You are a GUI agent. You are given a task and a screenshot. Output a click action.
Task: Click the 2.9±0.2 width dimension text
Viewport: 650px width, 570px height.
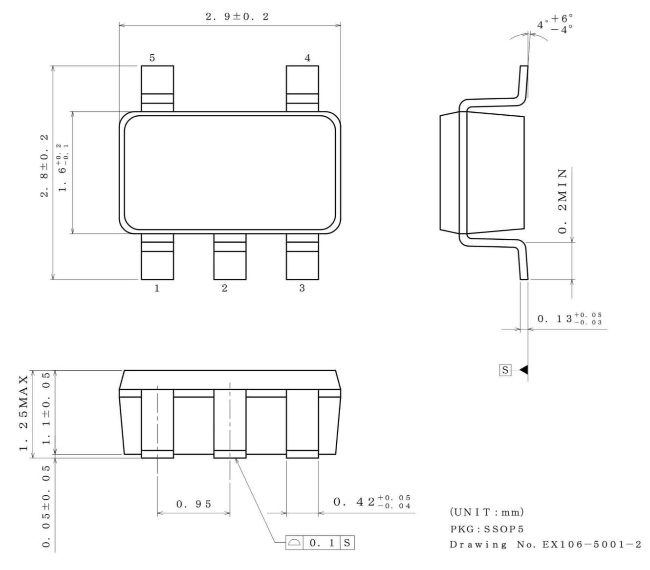[x=237, y=17]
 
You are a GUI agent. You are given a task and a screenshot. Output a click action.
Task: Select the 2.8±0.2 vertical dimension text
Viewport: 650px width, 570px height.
[x=44, y=166]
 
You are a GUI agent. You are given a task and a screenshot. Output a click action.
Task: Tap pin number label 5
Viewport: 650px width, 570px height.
[x=152, y=58]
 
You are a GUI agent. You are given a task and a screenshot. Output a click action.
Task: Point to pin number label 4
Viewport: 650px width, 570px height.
[x=307, y=58]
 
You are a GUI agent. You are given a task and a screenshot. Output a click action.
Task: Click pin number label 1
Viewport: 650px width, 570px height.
[x=157, y=288]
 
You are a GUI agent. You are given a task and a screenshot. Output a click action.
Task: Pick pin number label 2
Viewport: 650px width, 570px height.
[x=224, y=288]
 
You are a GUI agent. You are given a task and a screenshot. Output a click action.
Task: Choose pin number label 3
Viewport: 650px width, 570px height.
[x=302, y=288]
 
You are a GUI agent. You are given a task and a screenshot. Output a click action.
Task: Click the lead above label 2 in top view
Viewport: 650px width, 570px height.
[x=230, y=256]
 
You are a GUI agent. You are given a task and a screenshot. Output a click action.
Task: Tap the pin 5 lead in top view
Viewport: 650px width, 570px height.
[x=157, y=88]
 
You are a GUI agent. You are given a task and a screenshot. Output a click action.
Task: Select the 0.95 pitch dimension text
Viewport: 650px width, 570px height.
[x=194, y=504]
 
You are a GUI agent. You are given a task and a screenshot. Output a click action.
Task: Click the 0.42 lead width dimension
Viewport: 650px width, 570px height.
[x=372, y=502]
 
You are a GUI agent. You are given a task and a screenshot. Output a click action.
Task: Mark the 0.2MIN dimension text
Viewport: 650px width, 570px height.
[x=563, y=201]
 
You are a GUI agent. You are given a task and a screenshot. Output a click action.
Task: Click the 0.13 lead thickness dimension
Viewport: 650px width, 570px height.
[x=570, y=319]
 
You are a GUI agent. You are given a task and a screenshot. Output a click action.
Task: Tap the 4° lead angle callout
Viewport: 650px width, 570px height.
[x=555, y=23]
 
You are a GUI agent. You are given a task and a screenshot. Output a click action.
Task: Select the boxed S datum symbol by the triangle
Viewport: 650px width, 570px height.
[x=505, y=370]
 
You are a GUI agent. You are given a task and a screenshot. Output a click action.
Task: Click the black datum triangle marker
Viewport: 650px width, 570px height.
[x=523, y=370]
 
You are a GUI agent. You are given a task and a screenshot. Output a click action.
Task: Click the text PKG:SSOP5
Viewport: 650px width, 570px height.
[x=480, y=529]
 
